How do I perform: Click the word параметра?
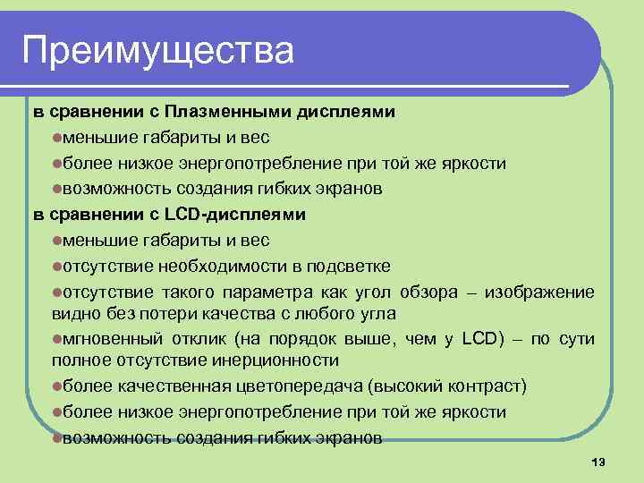[x=275, y=292]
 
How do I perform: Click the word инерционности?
[x=277, y=361]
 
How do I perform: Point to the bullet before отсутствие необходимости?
[x=55, y=267]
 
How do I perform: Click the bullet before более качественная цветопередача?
[x=55, y=386]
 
